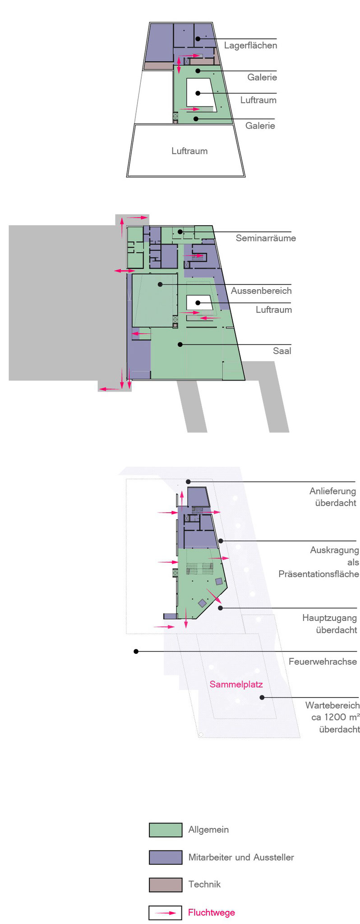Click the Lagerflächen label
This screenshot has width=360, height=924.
250,46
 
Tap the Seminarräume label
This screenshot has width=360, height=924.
266,238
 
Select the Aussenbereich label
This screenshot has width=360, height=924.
261,291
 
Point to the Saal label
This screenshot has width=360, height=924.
282,351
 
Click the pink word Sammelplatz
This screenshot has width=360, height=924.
236,684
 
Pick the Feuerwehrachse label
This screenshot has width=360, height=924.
323,662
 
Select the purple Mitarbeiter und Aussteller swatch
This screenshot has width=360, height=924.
166,857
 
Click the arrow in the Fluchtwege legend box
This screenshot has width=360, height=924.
166,913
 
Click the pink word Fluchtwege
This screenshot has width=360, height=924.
211,913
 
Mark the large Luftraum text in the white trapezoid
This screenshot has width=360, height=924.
189,151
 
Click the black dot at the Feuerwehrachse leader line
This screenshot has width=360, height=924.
136,651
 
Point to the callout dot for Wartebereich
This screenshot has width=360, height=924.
262,698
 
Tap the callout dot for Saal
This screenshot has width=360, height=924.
180,345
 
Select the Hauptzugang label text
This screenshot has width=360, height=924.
329,618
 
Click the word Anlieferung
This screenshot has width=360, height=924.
332,491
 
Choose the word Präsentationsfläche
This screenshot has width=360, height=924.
318,574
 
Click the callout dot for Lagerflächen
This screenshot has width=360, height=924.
198,39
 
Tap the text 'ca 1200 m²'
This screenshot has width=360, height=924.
335,717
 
